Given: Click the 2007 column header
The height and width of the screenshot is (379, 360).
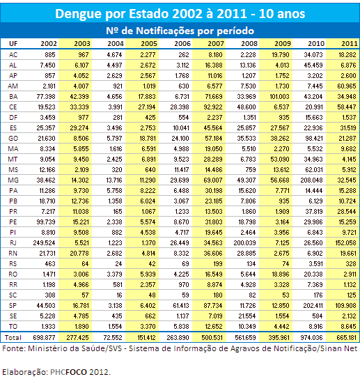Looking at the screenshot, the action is point(216,43).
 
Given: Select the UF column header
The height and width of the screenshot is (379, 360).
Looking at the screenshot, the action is point(13,43).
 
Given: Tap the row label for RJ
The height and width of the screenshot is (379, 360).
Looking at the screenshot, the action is point(13,242).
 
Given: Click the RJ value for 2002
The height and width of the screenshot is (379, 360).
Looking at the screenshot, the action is point(44,242).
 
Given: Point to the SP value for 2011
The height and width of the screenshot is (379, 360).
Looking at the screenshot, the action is point(345,306).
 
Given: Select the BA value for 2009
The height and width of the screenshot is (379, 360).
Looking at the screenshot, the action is point(279,96).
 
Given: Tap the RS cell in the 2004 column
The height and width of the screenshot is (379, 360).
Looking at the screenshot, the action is point(118,264).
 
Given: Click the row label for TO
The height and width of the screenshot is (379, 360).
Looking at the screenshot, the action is point(13,326).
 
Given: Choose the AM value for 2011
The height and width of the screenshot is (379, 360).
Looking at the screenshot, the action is point(347,86).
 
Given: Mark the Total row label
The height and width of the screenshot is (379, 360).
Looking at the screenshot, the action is point(13,337).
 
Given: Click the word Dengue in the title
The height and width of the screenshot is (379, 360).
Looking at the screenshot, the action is point(79,14).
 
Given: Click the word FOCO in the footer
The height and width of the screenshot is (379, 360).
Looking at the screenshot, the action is point(76,372).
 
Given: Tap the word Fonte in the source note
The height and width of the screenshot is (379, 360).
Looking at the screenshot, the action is point(13,348).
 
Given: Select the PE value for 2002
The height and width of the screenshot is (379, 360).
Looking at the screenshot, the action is point(46,222).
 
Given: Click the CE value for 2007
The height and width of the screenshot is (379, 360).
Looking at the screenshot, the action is point(213,107).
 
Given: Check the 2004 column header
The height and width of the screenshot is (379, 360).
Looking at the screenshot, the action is point(116,43).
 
